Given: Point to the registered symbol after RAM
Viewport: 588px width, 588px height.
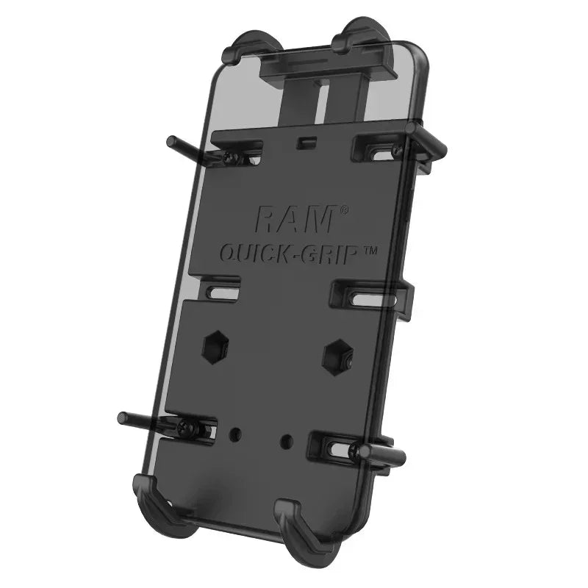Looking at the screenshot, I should click(x=344, y=211).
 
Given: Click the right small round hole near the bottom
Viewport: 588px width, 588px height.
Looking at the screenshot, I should click(x=287, y=442).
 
